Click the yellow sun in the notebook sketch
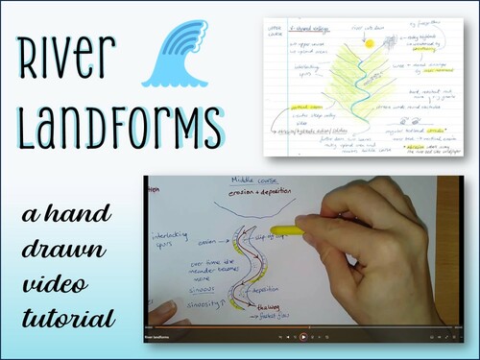368,43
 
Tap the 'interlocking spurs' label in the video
172,238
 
